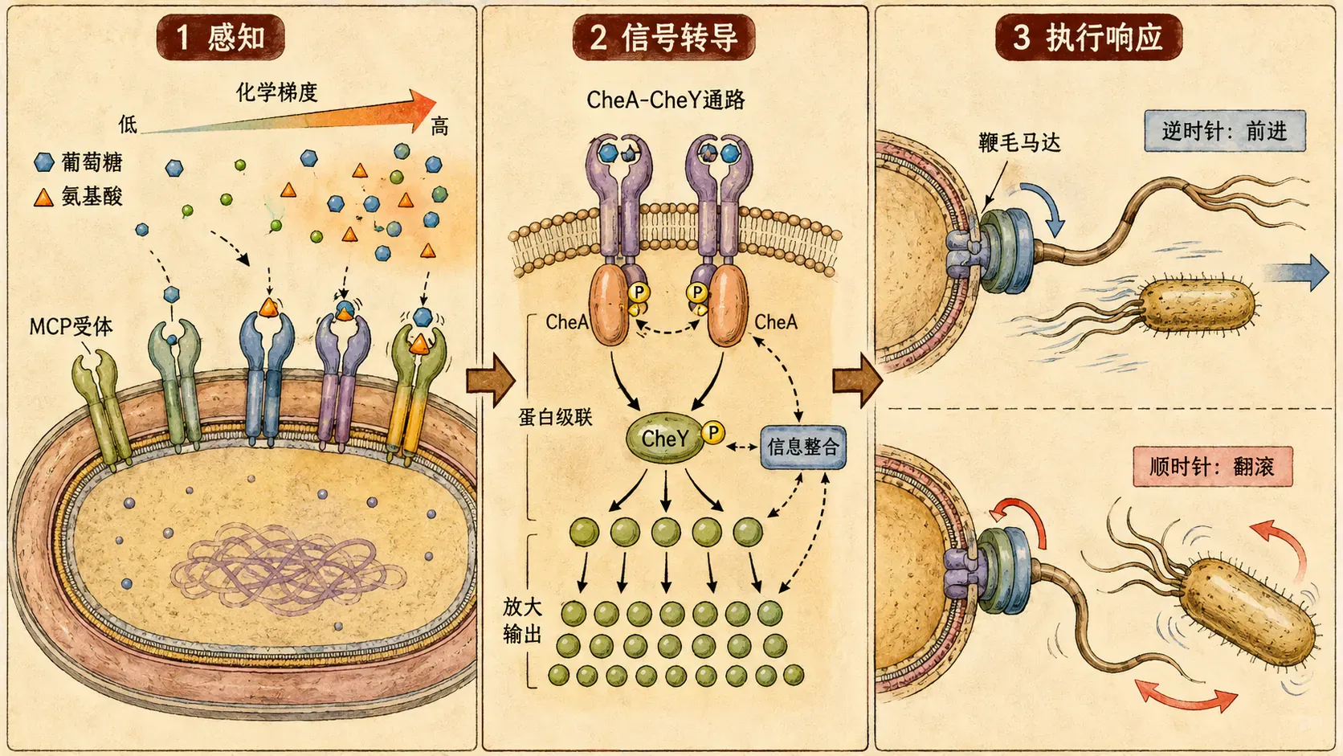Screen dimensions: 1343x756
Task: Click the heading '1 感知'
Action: [x=221, y=37]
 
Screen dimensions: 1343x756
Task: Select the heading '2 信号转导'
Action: [x=663, y=37]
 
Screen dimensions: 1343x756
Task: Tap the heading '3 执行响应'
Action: [x=1088, y=37]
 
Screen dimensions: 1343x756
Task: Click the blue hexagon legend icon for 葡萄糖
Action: [x=44, y=162]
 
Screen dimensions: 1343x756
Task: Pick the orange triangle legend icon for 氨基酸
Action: [x=43, y=198]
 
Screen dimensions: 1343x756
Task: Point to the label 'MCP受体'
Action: [x=71, y=327]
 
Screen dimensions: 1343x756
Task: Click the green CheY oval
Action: [x=665, y=438]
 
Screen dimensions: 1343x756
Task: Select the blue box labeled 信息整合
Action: [x=802, y=447]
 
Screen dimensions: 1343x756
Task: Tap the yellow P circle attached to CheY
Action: [x=713, y=432]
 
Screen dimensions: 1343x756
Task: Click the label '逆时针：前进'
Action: [x=1225, y=131]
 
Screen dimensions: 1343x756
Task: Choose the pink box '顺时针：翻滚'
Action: [x=1212, y=467]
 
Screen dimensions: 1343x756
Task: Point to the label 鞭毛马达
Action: [x=1019, y=143]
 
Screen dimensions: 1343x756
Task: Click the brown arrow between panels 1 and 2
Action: [x=491, y=381]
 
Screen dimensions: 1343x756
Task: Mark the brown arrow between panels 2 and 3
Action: [x=857, y=381]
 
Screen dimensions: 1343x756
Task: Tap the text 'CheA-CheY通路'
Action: [x=666, y=100]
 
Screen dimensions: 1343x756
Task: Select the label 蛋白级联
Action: [x=555, y=417]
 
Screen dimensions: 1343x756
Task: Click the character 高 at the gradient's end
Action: [x=439, y=127]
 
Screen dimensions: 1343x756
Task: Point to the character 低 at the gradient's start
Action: [x=128, y=125]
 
